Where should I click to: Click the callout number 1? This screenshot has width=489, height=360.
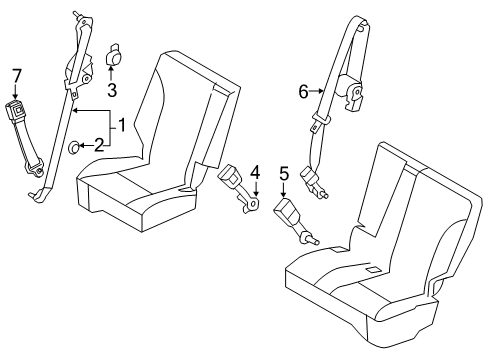(x=121, y=127)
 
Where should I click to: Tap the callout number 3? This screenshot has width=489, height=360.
(x=112, y=91)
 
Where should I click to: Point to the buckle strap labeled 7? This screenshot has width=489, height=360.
(x=22, y=130)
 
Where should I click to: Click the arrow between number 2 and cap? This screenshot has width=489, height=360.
(x=86, y=147)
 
